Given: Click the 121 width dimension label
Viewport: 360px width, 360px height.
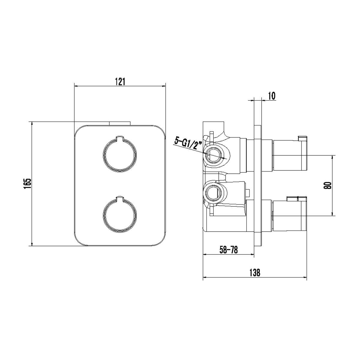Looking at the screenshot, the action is coord(120,82).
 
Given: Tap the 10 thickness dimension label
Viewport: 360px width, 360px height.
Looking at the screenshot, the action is coord(271,96).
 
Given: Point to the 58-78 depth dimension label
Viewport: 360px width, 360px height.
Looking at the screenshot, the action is coord(229,250).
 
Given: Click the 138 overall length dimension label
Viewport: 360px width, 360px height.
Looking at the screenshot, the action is coord(255,273).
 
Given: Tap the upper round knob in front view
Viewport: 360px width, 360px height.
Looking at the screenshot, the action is coord(120,154).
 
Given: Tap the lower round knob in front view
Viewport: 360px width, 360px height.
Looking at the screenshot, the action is coord(120,214).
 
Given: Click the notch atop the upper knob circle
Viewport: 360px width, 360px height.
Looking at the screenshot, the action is coord(120,138).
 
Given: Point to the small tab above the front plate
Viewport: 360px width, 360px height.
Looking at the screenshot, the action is coord(120,124).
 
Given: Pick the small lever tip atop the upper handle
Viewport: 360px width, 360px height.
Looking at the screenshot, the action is coord(302,138).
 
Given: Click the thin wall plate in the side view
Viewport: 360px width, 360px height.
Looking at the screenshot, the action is coord(258,185).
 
